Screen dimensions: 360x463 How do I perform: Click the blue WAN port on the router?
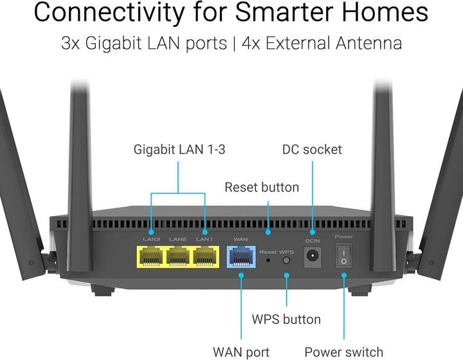(x=241, y=256)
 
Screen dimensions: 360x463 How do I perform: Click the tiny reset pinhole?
(x=268, y=260)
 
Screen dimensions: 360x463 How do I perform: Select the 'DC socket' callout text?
(x=312, y=150)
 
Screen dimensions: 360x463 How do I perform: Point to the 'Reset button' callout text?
(x=262, y=188)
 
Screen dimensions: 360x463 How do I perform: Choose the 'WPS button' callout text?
(x=286, y=319)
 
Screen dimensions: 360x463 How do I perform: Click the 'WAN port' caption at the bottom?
(x=241, y=352)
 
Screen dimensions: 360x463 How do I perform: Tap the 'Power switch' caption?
(x=343, y=352)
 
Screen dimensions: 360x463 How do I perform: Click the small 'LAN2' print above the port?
(x=178, y=239)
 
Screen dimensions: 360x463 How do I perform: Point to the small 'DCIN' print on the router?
(x=313, y=240)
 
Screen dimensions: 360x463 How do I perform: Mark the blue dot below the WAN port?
(x=241, y=275)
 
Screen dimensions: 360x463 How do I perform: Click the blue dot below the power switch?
(x=344, y=275)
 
